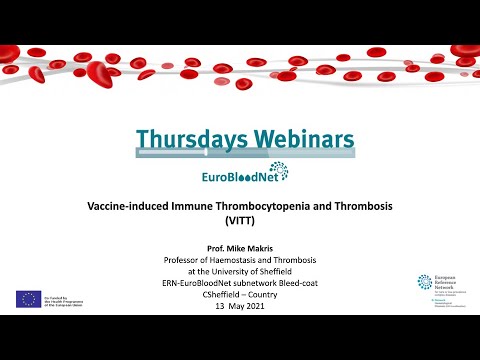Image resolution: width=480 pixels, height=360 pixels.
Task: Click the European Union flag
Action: pos(28,298)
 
